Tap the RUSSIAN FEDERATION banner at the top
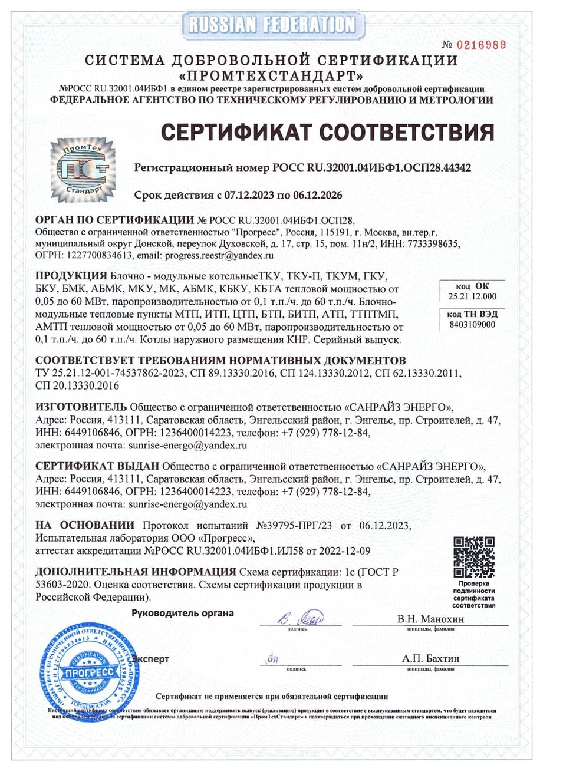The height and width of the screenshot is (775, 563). point(272,24)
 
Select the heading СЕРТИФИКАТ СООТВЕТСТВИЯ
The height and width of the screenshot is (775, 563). point(327,132)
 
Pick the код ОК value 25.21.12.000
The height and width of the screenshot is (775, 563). point(472,296)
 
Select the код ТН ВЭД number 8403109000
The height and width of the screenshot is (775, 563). point(472,325)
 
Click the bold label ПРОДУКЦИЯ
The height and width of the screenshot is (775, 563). point(71,276)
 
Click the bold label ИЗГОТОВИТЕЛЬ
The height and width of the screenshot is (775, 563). point(81,407)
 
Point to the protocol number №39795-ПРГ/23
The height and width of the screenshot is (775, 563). point(294,525)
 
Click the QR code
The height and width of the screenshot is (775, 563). point(474,556)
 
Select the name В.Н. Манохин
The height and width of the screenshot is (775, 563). point(430,619)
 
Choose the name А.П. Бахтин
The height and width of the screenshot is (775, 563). point(430,658)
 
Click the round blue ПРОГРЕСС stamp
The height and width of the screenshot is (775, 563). point(88,672)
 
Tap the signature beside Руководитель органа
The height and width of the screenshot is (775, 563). point(300,619)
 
